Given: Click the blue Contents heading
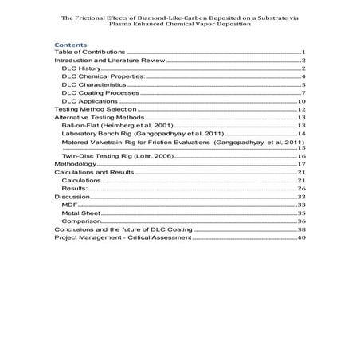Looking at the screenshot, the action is coord(70,45).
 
